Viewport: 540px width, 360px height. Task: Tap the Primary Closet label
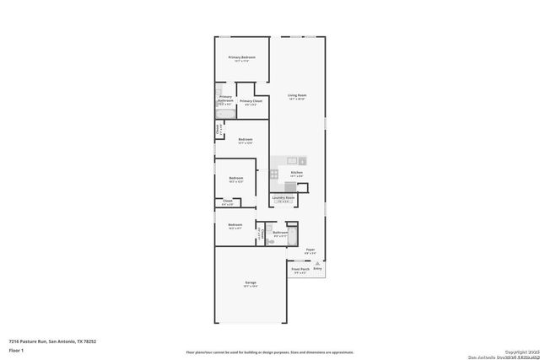tap(251, 101)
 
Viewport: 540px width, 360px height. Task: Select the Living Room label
tap(296, 95)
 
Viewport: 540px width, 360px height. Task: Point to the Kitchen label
tap(296, 173)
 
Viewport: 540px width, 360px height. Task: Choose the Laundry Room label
tap(283, 198)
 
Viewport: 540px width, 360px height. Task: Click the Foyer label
tap(310, 250)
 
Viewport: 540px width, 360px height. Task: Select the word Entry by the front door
tap(317, 268)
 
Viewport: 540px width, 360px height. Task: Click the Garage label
tap(251, 282)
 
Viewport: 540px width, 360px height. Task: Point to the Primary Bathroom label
tap(225, 97)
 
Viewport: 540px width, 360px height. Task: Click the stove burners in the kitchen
tap(275, 174)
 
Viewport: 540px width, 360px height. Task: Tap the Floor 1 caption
tap(15, 349)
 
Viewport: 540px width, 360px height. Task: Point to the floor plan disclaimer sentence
tap(269, 352)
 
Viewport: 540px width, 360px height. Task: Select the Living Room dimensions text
tap(296, 99)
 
